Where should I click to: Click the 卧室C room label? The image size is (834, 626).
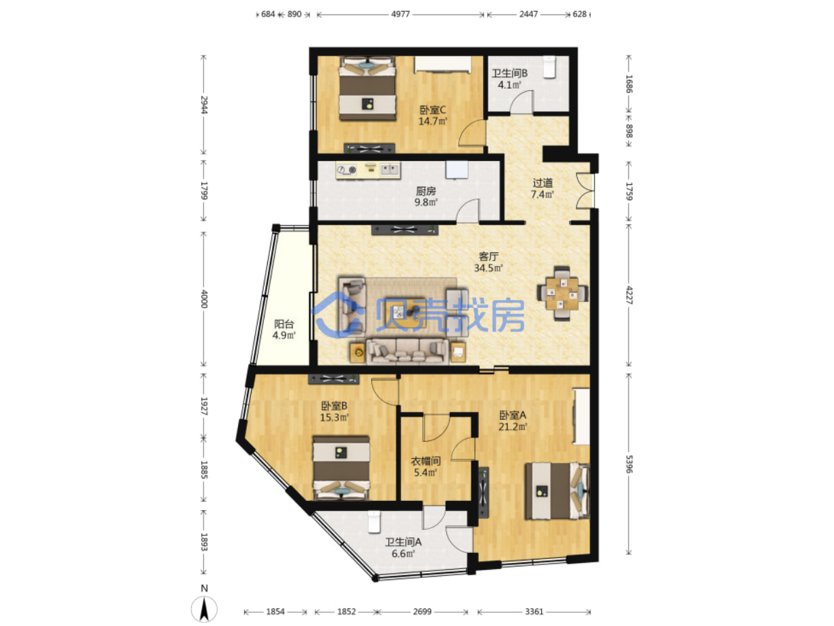[433, 110]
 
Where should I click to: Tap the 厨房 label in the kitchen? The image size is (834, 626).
[425, 191]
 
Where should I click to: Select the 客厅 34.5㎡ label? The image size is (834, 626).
[488, 263]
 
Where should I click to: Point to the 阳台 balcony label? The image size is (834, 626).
[284, 324]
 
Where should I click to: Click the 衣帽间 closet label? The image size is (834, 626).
[425, 462]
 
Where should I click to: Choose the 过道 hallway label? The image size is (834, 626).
[542, 183]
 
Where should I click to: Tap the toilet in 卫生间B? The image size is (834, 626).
[549, 67]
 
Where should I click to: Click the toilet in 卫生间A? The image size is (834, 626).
[374, 522]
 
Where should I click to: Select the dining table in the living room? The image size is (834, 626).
[562, 294]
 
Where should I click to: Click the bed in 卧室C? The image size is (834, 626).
[367, 89]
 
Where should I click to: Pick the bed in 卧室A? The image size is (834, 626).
[557, 491]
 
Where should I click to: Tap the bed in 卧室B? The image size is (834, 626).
[341, 468]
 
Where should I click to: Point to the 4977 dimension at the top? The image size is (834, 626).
[400, 14]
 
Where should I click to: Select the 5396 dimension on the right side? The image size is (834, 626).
[629, 464]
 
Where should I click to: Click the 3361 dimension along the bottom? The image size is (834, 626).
[534, 612]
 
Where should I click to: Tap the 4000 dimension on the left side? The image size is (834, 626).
[204, 298]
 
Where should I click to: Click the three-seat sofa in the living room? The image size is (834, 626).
[408, 352]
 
